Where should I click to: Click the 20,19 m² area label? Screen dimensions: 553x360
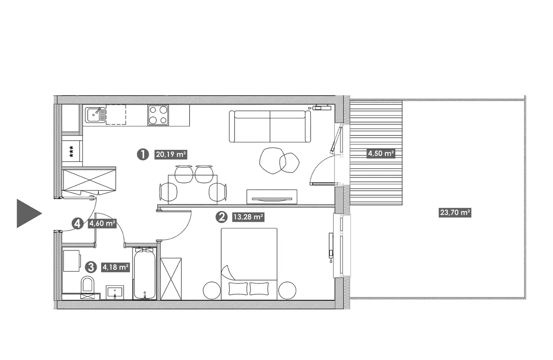point(171,155)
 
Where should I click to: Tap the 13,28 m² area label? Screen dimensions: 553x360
point(248,217)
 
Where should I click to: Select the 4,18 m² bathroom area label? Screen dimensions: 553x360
point(115,267)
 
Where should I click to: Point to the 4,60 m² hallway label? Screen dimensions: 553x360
point(102,224)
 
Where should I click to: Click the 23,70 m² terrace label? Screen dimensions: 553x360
point(455,212)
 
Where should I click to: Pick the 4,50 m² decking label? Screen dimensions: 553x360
point(381,153)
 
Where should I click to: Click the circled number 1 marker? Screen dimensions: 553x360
point(143,155)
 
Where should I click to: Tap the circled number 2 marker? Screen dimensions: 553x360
point(222,217)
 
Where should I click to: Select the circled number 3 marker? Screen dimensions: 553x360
point(91,267)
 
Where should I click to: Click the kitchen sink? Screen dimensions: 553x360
point(95,115)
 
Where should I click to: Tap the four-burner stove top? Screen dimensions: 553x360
point(158,115)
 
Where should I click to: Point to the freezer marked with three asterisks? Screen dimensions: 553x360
point(72,151)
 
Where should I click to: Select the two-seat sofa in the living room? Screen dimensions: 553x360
point(270,126)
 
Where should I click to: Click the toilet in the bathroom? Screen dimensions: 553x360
point(88,287)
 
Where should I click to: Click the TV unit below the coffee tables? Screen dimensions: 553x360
point(272,197)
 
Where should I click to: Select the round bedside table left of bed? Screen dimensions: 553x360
point(212,291)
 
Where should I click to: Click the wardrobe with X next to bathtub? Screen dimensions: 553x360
point(171,279)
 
